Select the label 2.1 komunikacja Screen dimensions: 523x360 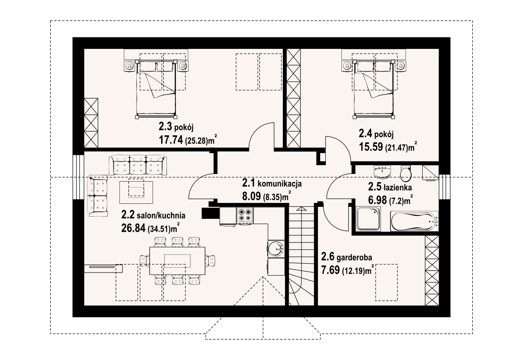[x=272, y=183]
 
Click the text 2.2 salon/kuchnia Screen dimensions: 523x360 [x=153, y=215]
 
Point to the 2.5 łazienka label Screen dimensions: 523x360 [x=390, y=187]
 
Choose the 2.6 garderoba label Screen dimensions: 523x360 [x=347, y=257]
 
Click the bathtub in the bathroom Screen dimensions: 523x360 [x=414, y=221]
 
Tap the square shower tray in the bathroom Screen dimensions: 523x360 [x=368, y=219]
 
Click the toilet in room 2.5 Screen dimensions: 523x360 [x=406, y=172]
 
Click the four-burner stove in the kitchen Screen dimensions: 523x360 [x=245, y=215]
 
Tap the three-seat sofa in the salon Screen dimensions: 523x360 [x=138, y=165]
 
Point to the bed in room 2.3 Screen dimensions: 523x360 [x=156, y=89]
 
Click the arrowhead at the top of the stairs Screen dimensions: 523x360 [x=301, y=209]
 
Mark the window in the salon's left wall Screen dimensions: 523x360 [x=79, y=177]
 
